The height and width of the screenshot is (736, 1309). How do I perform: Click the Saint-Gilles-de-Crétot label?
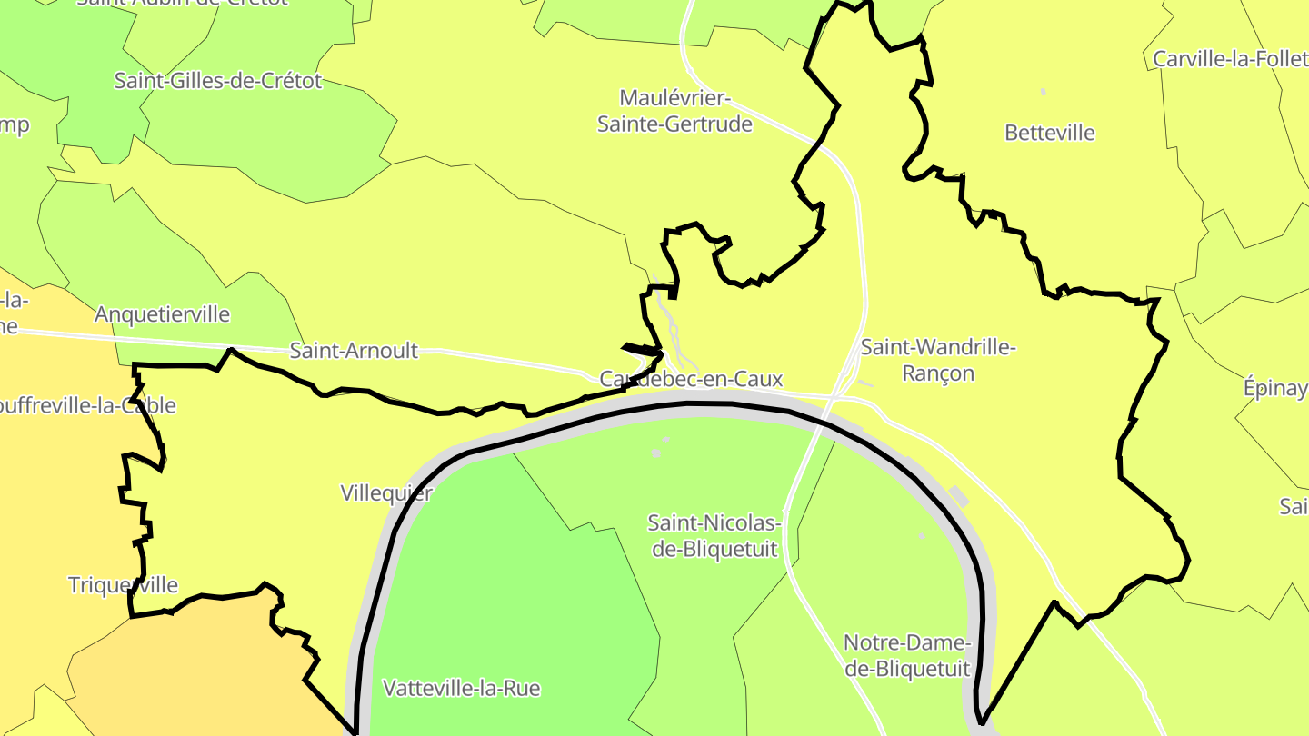click(218, 80)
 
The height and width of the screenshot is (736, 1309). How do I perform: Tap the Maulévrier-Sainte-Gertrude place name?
click(674, 111)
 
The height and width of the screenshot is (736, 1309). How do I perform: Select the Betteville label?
click(1050, 133)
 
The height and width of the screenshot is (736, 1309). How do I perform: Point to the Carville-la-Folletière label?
click(1230, 59)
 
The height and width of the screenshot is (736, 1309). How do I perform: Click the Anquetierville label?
click(163, 314)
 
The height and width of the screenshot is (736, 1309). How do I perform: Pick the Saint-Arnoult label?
click(354, 350)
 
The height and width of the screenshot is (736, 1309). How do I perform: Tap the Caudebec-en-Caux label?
click(691, 379)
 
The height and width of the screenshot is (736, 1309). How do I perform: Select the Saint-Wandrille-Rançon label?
click(938, 360)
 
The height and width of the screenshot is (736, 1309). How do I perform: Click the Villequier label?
click(386, 493)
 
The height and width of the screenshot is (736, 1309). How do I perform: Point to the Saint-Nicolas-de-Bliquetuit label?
click(714, 535)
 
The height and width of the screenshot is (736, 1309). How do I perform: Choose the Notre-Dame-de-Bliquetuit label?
click(907, 655)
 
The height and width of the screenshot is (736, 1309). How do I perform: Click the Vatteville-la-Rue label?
click(462, 688)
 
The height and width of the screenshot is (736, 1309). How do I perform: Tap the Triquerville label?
click(124, 585)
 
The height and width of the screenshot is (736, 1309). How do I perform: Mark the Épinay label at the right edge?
click(1275, 388)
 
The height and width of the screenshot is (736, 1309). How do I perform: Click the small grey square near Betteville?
click(1043, 92)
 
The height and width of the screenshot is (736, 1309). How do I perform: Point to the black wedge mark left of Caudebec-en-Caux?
click(642, 349)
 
